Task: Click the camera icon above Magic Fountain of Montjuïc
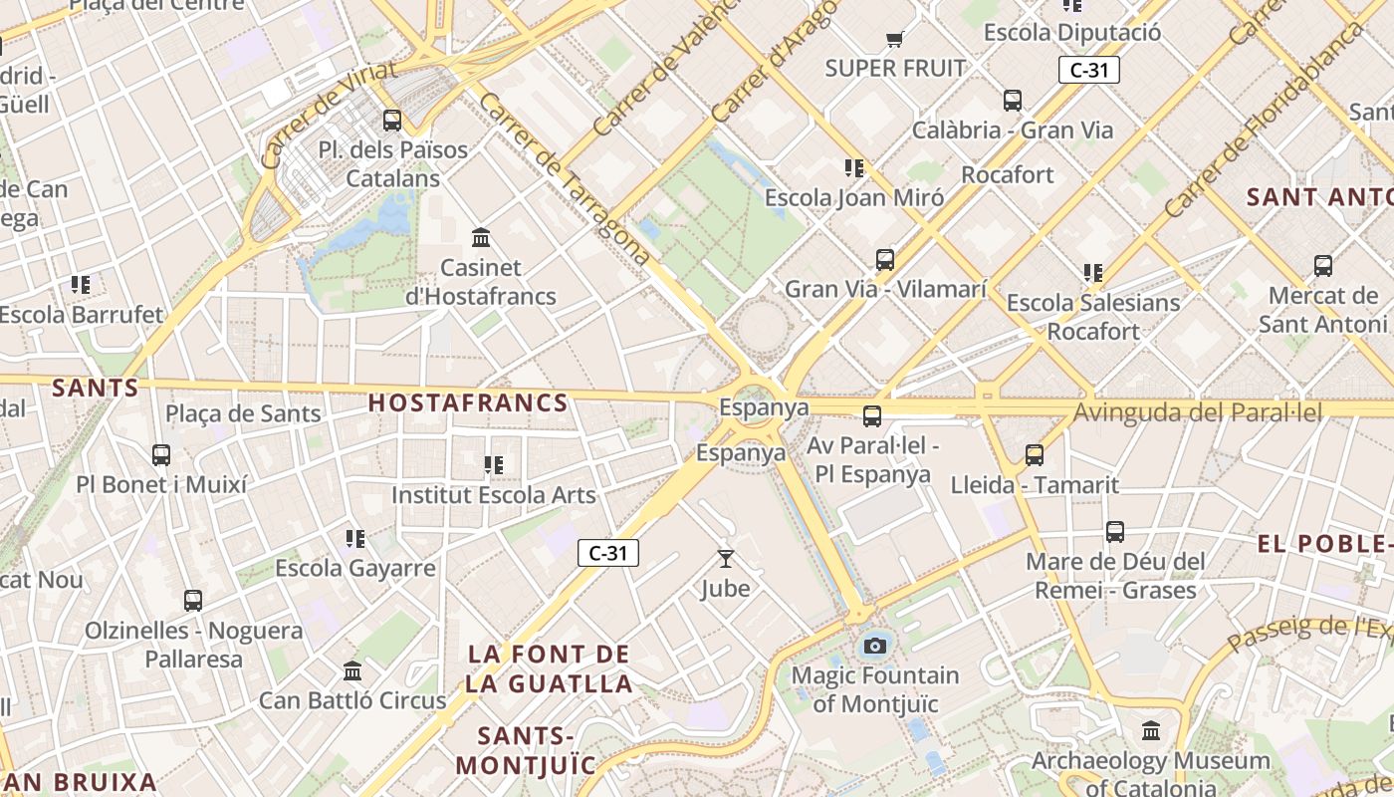tap(875, 646)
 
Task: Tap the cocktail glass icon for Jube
tap(725, 559)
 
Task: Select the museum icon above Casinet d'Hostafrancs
tap(481, 237)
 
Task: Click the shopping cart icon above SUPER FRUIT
tap(894, 40)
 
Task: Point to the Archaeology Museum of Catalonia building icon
tap(1151, 731)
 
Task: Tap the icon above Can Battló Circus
tap(351, 670)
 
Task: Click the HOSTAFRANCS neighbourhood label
tap(468, 403)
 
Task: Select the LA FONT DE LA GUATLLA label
tap(549, 669)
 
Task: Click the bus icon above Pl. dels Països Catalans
tap(392, 121)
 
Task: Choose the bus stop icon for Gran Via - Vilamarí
tap(885, 260)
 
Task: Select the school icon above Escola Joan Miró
tap(853, 167)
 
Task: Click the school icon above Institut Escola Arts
tap(493, 464)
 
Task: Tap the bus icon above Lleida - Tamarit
tap(1035, 455)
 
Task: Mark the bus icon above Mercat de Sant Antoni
tap(1322, 266)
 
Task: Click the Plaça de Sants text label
tap(243, 413)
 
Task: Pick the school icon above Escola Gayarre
tap(355, 539)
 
